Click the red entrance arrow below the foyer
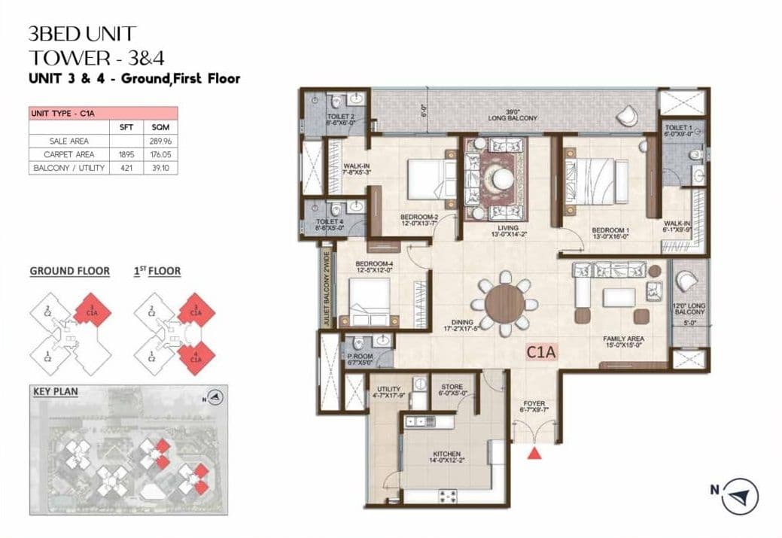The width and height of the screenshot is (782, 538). coord(534,452)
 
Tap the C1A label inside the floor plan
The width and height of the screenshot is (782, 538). coord(541,351)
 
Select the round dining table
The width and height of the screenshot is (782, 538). coord(505,303)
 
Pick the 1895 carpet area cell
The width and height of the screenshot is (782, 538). coord(126,154)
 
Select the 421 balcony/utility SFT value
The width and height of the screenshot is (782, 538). coord(126,169)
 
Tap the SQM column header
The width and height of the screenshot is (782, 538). coord(159,127)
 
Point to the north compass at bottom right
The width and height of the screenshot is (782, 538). coord(741,496)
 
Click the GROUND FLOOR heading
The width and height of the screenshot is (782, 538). coord(69,271)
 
